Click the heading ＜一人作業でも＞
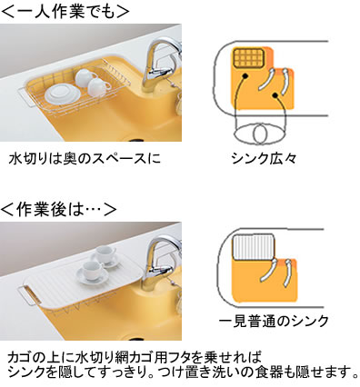coord(65,11)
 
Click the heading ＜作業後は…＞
coord(59,210)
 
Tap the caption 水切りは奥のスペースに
coord(85,159)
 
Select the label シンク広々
coord(264,158)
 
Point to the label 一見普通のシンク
coord(274,321)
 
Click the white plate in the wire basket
coord(63,94)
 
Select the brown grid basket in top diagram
coord(249,58)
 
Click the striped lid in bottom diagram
coord(253,247)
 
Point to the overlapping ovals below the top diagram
coord(260,134)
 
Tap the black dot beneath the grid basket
coord(245,76)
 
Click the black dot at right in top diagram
coord(275,95)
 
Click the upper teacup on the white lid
coord(105,255)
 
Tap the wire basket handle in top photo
coord(25,96)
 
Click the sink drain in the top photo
coord(136,140)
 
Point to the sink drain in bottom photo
coord(136,338)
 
